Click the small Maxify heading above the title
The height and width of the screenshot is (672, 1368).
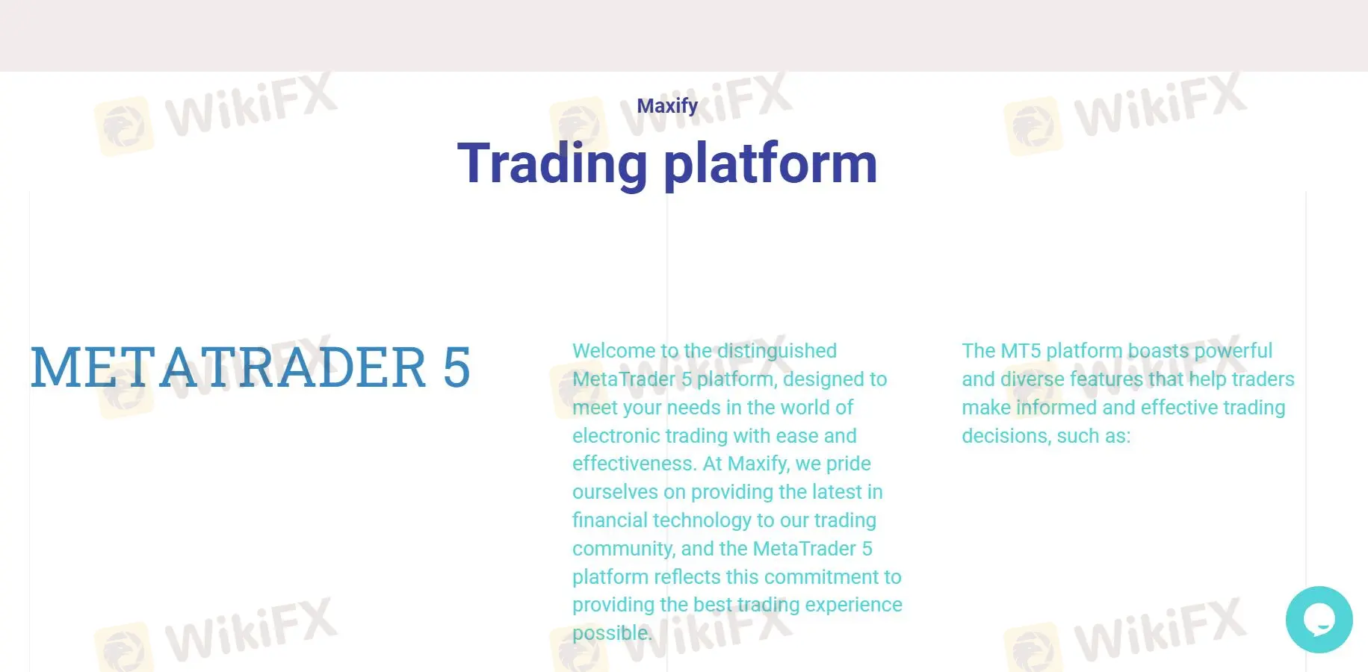pos(667,106)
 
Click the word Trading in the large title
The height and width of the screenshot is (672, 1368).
pos(552,164)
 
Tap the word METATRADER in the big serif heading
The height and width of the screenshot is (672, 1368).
pos(228,367)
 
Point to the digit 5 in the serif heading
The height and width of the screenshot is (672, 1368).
pos(456,367)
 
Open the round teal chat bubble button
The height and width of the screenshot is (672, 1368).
pos(1319,620)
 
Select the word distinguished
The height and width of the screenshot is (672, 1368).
pos(777,351)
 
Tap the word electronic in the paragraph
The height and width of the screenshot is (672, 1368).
pos(616,436)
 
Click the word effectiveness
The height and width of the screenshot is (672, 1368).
pos(634,464)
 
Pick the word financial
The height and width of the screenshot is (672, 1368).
pos(610,520)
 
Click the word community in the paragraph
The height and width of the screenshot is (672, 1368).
pos(623,550)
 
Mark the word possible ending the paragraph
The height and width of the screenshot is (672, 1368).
pos(612,634)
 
